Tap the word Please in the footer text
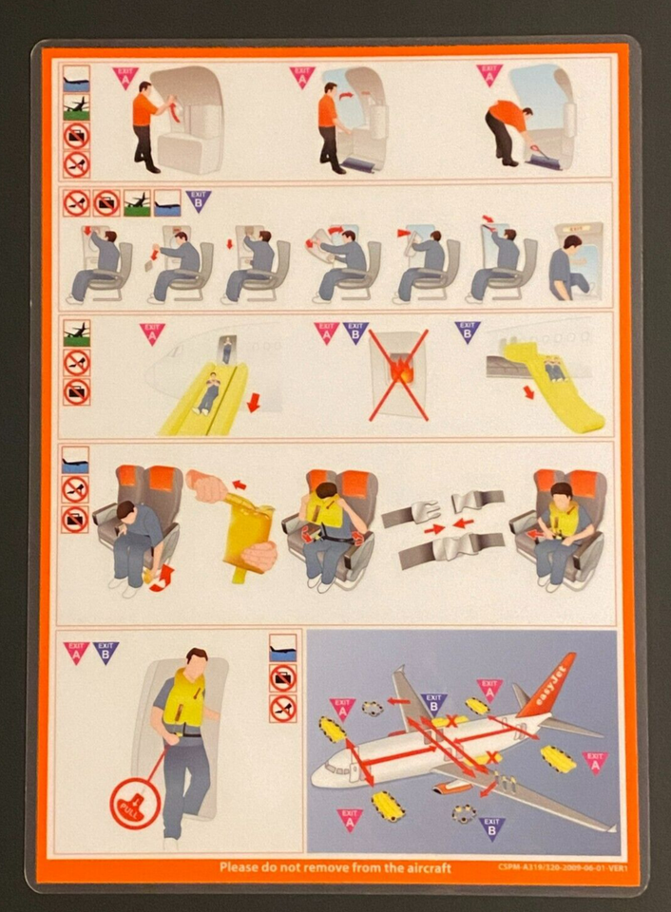(241, 867)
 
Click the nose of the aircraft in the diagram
(318, 770)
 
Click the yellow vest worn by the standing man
(184, 701)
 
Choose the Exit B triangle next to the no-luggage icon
(198, 199)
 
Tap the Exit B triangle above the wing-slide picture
(468, 331)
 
